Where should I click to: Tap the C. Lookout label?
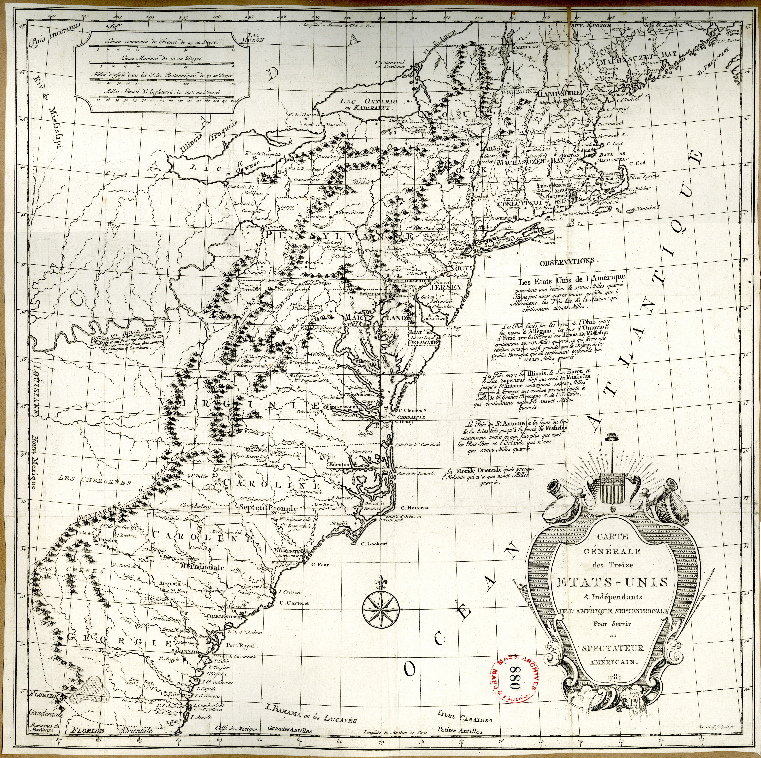374,544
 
